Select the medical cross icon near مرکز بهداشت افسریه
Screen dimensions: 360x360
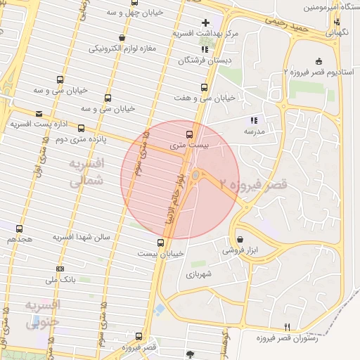click(205, 22)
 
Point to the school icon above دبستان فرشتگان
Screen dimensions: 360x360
click(205, 50)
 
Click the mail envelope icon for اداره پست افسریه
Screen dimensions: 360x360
click(39, 113)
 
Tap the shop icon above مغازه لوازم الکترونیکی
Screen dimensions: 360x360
click(123, 38)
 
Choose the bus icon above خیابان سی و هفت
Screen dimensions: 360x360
click(204, 88)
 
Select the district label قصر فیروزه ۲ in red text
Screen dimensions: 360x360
click(253, 185)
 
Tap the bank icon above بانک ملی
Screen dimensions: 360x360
click(60, 269)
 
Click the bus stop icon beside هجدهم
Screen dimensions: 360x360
click(19, 229)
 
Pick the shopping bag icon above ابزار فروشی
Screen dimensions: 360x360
click(240, 239)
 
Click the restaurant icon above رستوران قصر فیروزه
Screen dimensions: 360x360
click(287, 328)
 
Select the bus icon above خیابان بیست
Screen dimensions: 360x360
click(160, 243)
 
